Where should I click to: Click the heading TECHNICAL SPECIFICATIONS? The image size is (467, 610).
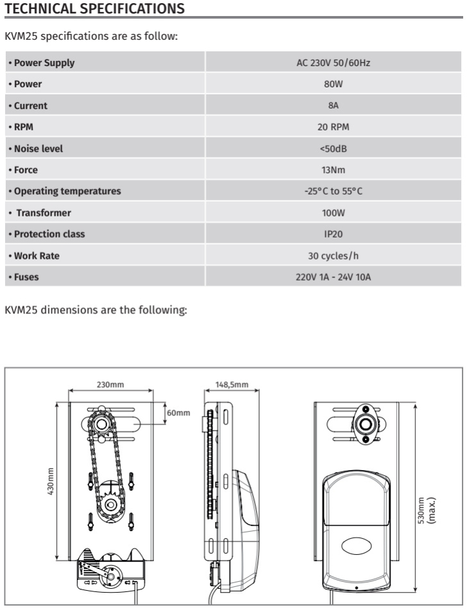coord(94,8)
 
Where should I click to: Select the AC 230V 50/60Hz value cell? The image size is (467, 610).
coord(334,63)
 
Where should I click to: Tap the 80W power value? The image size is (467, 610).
coord(334,84)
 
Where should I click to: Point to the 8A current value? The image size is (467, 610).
coord(334,105)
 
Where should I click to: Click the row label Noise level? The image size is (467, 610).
coord(38,148)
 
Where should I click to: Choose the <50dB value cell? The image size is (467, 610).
coord(334,148)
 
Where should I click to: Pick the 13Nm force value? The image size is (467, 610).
coord(334,170)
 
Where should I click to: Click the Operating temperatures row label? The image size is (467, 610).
coord(67,191)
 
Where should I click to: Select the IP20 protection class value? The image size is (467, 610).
coord(334,234)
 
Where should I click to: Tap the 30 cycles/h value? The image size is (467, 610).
coord(334,256)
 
